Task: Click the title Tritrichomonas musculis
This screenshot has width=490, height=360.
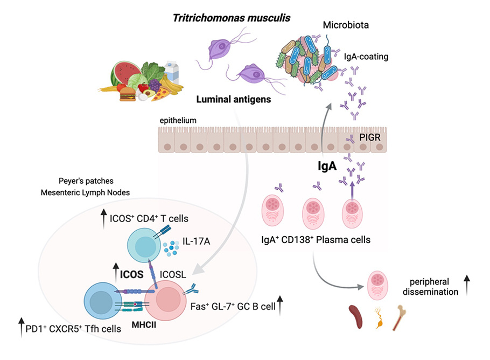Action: click(x=232, y=18)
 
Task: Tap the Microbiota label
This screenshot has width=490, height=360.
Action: click(x=346, y=25)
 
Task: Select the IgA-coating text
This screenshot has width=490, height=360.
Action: click(x=366, y=57)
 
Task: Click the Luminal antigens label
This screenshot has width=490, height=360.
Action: click(x=234, y=100)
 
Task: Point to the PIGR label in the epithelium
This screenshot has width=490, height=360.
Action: click(x=370, y=137)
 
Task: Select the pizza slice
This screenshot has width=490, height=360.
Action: click(x=162, y=94)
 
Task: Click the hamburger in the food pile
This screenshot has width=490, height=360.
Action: click(x=128, y=94)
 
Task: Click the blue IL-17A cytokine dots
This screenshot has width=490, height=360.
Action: click(x=171, y=248)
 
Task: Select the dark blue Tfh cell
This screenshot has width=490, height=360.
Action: click(x=101, y=301)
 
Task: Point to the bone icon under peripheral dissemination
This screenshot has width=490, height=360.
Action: click(x=399, y=318)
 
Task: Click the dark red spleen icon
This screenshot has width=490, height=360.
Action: click(x=355, y=316)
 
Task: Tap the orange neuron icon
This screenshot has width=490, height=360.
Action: click(x=380, y=318)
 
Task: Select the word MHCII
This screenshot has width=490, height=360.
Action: click(x=144, y=325)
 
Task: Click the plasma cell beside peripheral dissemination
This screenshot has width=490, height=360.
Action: click(x=377, y=285)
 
